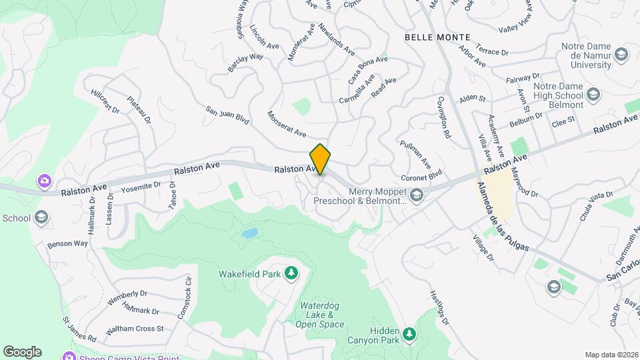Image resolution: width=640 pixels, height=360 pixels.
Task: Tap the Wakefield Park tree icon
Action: (291, 273)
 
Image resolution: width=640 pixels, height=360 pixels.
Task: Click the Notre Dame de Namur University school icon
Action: (621, 55)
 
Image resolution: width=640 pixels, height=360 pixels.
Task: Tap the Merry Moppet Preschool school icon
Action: (417, 194)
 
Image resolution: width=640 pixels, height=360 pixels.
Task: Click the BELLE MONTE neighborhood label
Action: (437, 37)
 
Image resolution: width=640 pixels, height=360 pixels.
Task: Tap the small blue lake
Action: (249, 233)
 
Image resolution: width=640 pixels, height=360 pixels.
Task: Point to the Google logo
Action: (22, 351)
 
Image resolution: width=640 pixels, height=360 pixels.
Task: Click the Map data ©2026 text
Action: (611, 355)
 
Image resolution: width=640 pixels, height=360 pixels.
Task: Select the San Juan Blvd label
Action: (227, 117)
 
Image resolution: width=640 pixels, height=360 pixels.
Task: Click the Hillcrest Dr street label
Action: (105, 101)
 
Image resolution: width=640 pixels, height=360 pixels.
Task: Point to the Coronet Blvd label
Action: (421, 177)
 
